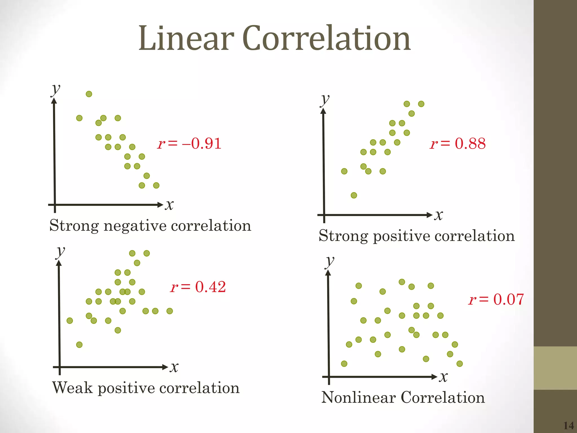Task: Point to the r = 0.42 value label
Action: (198, 287)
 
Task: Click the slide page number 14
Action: (569, 425)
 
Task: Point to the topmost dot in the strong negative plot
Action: (89, 94)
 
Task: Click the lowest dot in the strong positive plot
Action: (354, 195)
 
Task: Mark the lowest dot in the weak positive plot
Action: (79, 344)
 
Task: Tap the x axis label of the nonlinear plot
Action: (443, 377)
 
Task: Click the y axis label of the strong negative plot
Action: (56, 90)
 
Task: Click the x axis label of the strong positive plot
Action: (439, 215)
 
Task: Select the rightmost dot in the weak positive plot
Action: (170, 311)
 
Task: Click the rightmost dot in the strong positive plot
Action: (421, 104)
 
